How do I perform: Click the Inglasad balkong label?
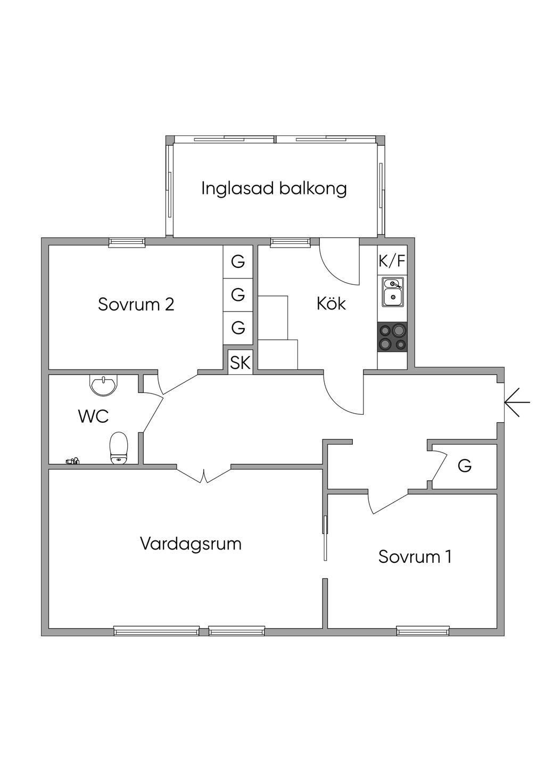pos(274,188)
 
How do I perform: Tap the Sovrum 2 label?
pos(136,305)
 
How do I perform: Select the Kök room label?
pos(331,304)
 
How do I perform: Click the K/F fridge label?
pos(392,261)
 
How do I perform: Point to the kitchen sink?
pos(393,292)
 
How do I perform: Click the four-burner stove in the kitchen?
pos(393,338)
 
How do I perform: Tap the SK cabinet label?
pos(240,363)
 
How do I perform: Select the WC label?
pos(94,416)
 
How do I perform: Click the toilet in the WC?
pos(119,448)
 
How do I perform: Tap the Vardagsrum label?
pos(191,544)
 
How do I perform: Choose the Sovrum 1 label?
pos(415,556)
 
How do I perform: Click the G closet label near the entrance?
pos(465,466)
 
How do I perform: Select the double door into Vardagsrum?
pos(204,475)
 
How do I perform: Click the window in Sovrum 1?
pos(423,631)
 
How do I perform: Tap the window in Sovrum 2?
pos(127,242)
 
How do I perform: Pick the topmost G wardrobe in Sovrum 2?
pos(238,261)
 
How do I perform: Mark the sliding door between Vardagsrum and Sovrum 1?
pos(325,538)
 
